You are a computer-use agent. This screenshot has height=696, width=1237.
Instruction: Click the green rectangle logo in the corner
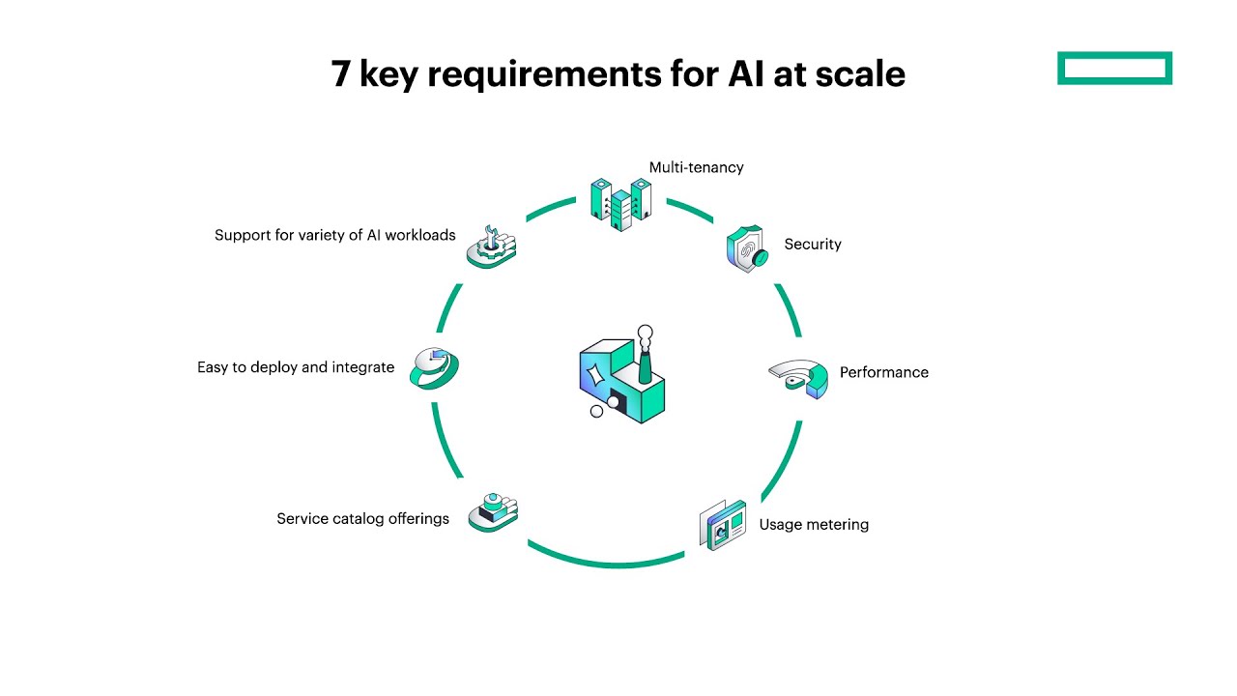point(1114,69)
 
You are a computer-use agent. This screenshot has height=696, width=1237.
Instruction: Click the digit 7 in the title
point(340,74)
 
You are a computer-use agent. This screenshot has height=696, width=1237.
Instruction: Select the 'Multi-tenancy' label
point(696,167)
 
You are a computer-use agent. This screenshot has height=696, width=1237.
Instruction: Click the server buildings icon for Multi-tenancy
point(620,203)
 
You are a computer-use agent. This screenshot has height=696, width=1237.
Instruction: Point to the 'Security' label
point(812,245)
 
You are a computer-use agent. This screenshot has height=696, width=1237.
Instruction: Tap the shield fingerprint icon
point(746,249)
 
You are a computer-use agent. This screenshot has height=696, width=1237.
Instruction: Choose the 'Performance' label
point(883,372)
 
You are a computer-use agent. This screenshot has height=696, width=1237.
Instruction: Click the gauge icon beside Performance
point(799,378)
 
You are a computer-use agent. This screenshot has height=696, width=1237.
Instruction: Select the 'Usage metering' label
point(814,525)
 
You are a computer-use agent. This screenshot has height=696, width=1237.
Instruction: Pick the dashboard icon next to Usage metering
point(723,526)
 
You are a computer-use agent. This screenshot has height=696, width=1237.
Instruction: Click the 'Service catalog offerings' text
point(362,519)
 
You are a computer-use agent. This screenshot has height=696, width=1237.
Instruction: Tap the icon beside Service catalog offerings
point(493,512)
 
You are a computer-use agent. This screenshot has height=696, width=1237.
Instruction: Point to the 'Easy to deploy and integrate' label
point(296,367)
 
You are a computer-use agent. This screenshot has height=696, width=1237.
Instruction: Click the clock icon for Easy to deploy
point(434,368)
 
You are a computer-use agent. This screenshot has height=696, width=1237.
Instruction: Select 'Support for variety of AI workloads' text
point(334,235)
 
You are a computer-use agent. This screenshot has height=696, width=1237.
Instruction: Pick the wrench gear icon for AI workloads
point(491,247)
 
